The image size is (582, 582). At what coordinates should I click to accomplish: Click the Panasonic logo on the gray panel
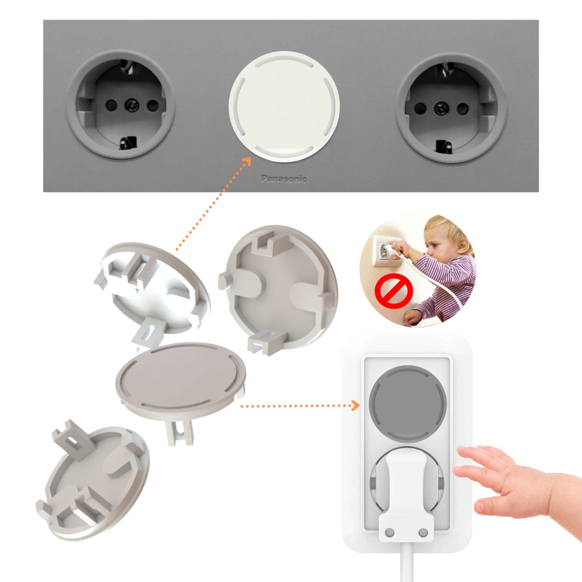point(284,178)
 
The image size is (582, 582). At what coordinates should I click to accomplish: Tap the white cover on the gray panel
point(285,107)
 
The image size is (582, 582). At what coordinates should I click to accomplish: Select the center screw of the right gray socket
point(441,109)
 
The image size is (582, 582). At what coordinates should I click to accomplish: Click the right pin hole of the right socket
point(462,109)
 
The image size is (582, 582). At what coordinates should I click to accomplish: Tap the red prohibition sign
point(394,291)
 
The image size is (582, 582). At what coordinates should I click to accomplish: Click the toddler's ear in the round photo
point(462,245)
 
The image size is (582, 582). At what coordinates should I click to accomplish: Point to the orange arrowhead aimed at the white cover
point(247,161)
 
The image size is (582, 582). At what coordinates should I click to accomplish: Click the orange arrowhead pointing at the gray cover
point(355,406)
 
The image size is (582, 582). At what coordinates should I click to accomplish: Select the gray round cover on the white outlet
point(407,403)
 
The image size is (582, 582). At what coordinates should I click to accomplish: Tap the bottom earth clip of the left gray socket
point(128,142)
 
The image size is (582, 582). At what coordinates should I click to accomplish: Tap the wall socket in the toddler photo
point(386,250)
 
